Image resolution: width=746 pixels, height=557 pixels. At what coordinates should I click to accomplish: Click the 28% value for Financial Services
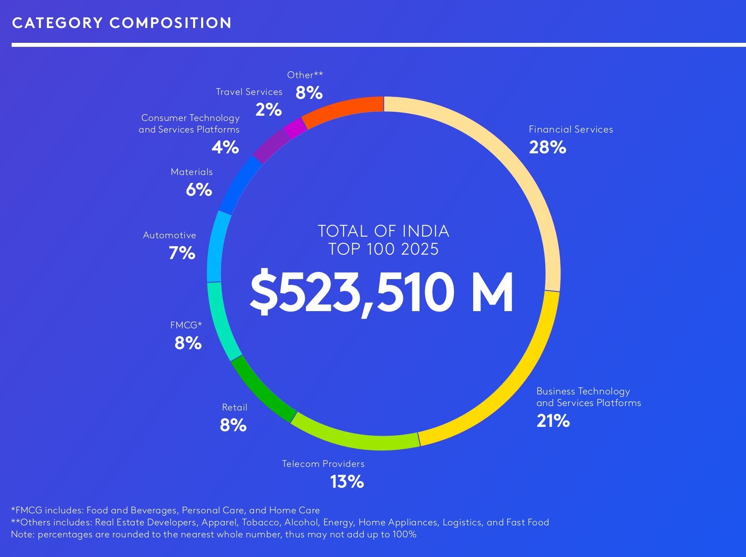point(547,147)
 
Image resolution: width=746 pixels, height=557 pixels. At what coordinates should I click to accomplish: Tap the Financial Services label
point(571,129)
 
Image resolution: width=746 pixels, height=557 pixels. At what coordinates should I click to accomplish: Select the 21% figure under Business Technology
point(553,421)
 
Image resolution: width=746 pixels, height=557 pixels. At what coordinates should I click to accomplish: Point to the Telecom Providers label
point(323,464)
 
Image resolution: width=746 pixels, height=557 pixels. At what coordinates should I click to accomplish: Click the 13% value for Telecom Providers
point(347,482)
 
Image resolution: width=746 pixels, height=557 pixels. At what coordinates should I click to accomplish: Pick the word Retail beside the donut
point(234,407)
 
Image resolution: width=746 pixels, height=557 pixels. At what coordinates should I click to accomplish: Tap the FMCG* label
point(186,325)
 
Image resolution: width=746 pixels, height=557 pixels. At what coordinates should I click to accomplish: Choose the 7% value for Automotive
point(182,253)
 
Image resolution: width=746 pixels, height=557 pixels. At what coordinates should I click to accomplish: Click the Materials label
point(192,172)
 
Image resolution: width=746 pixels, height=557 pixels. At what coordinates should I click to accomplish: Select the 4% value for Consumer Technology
point(225,147)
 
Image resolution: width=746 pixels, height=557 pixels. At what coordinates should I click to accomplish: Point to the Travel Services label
point(249,92)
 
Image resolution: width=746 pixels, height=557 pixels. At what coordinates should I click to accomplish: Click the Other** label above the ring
point(305,75)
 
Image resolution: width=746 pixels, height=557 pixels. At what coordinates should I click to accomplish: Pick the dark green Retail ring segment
point(262,390)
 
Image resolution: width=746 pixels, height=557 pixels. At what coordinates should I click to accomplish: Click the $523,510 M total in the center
point(381,292)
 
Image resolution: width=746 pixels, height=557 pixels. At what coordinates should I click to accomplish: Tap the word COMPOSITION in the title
point(171,23)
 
